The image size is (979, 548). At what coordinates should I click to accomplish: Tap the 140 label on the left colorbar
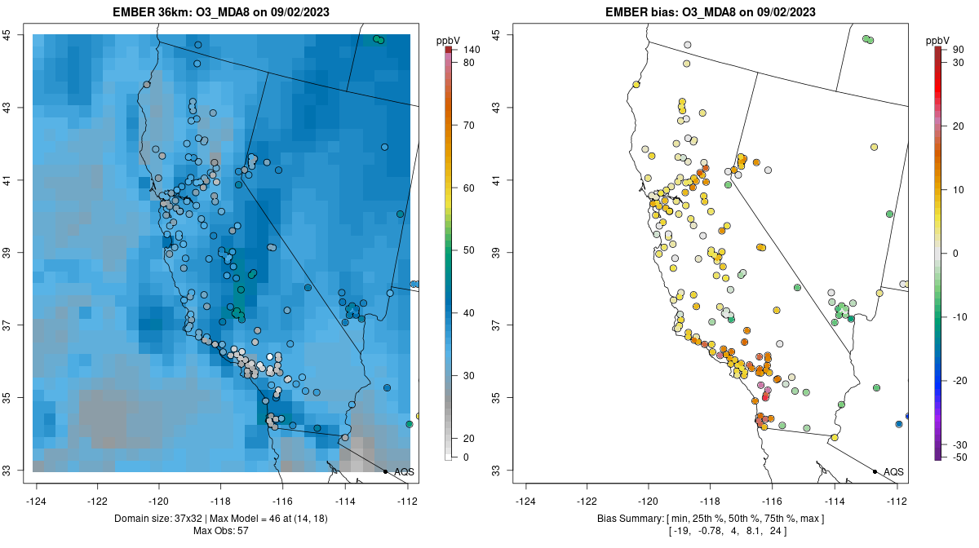471,51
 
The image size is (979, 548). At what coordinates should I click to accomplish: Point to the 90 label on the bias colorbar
958,51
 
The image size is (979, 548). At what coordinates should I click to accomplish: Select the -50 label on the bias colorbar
958,457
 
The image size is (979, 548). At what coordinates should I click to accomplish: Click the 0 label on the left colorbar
466,457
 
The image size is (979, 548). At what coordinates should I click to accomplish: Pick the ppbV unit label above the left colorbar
449,40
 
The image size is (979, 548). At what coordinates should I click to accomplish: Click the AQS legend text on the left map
404,472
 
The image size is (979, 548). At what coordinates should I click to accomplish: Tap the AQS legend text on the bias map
893,472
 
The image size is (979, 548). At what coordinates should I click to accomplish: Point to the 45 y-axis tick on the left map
7,35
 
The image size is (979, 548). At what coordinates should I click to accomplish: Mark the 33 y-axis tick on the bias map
496,471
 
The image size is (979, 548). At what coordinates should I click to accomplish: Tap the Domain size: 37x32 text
162,519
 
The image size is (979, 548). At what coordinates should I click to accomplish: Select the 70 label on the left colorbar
468,126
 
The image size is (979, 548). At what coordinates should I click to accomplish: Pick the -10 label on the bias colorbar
959,316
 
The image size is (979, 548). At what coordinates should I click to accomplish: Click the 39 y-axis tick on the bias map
496,253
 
